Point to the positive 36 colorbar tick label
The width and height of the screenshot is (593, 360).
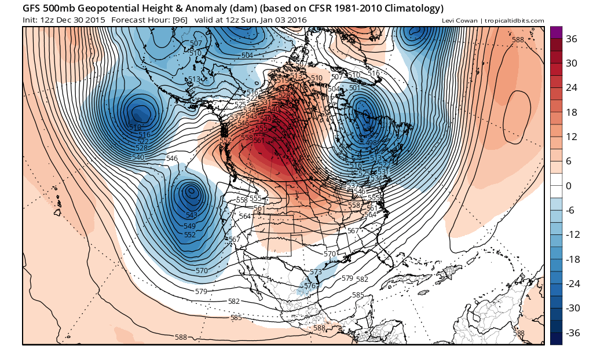pos(572,39)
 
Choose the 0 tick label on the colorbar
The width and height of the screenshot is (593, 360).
pos(568,186)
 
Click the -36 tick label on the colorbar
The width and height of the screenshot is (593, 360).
pos(573,333)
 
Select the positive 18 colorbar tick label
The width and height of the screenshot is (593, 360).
pos(572,112)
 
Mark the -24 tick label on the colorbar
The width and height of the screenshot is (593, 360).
pos(573,284)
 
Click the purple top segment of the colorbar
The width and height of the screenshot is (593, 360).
pos(556,33)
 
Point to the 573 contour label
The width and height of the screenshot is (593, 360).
pos(316,272)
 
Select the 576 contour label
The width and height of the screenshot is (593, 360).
pos(310,286)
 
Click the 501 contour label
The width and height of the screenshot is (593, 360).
pos(354,88)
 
